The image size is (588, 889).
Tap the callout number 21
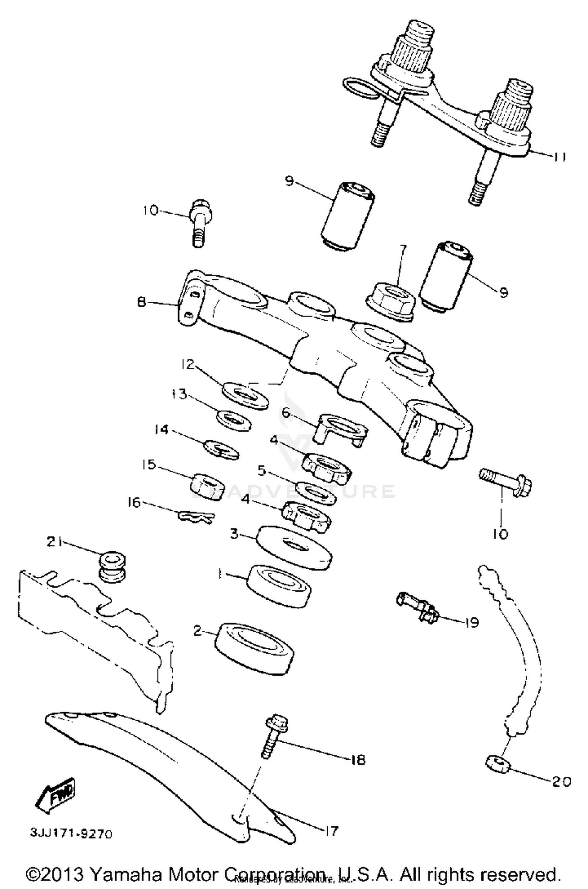(x=54, y=542)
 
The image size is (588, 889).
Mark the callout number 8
(x=142, y=302)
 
